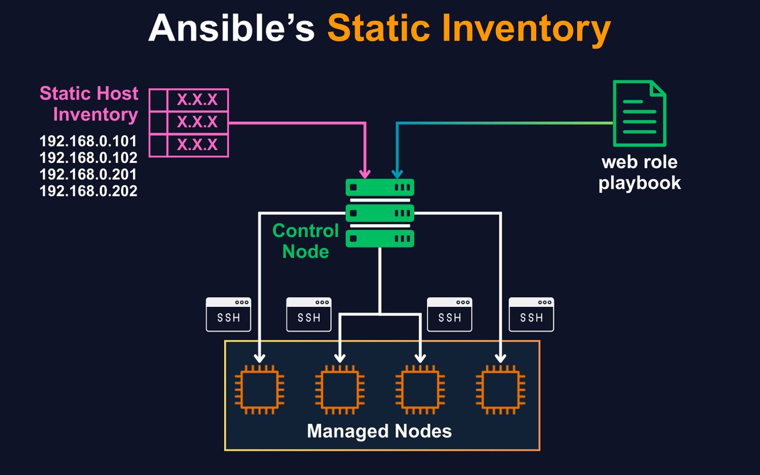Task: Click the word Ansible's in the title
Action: (231, 29)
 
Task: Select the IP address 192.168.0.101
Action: (88, 141)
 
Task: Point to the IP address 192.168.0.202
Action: (88, 190)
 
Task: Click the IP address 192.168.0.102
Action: (88, 158)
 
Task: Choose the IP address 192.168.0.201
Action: (88, 174)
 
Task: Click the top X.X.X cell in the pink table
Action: (198, 100)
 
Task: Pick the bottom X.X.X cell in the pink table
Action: (198, 145)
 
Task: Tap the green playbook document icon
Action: (640, 113)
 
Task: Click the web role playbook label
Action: (639, 172)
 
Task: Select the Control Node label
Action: (305, 240)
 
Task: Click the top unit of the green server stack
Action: (380, 188)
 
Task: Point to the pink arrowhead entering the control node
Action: (365, 173)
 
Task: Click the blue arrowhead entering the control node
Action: (397, 173)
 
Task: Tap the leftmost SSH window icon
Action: (229, 315)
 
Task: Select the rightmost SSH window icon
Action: (531, 315)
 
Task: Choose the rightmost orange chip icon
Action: (501, 389)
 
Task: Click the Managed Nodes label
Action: (379, 431)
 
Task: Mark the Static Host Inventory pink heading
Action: (89, 103)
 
